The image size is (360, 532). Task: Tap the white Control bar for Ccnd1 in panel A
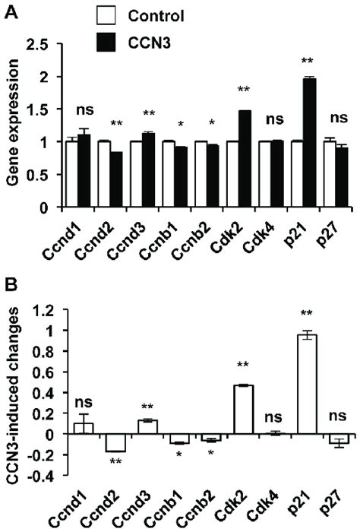click(71, 173)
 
